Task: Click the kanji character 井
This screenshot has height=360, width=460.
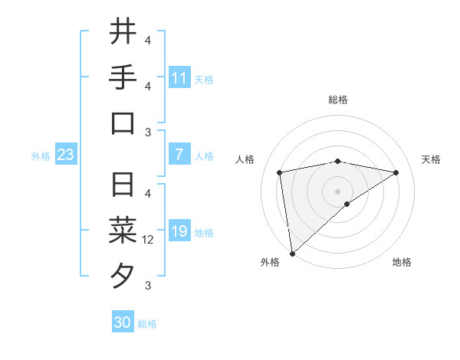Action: pyautogui.click(x=122, y=32)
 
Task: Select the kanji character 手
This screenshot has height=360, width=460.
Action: pyautogui.click(x=122, y=77)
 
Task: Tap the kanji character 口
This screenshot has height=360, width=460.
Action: pyautogui.click(x=122, y=123)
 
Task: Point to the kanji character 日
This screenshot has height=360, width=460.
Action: pyautogui.click(x=122, y=185)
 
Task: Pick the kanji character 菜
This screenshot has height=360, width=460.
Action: pyautogui.click(x=122, y=231)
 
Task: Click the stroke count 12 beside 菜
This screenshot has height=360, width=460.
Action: pyautogui.click(x=149, y=240)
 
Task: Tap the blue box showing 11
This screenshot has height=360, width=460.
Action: pyautogui.click(x=179, y=78)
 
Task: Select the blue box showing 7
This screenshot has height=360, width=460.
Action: pyautogui.click(x=179, y=155)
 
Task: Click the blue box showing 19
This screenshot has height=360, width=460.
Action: pyautogui.click(x=179, y=231)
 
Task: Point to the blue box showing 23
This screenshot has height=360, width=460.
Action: pyautogui.click(x=65, y=155)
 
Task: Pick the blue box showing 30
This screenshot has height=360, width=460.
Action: pyautogui.click(x=122, y=322)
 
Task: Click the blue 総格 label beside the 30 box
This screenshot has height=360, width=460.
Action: pyautogui.click(x=147, y=324)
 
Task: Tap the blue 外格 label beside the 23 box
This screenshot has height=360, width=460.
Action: pyautogui.click(x=41, y=156)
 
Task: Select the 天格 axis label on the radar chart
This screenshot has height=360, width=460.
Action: pyautogui.click(x=431, y=159)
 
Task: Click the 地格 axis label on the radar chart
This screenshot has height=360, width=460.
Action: pyautogui.click(x=402, y=262)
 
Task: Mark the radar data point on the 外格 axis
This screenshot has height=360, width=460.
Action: pyautogui.click(x=292, y=253)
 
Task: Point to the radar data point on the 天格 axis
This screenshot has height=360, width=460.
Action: pyautogui.click(x=396, y=172)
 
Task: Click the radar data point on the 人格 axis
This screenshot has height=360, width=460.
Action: pyautogui.click(x=280, y=172)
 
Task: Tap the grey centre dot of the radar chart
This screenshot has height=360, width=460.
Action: pyautogui.click(x=338, y=191)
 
